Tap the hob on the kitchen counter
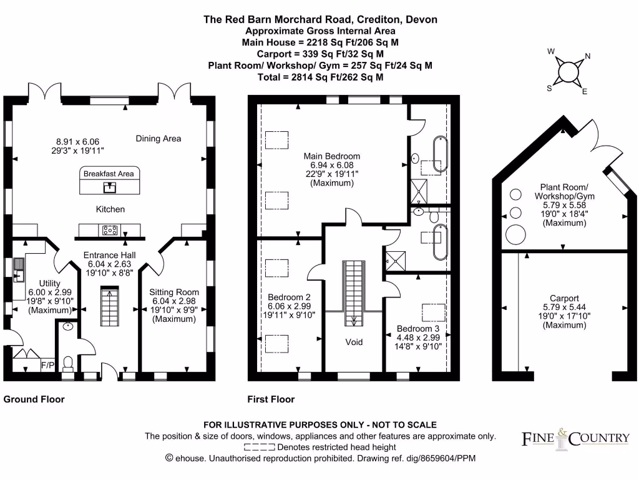[110, 230]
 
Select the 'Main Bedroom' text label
[332, 156]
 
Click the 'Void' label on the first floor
[353, 342]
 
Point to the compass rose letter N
[587, 57]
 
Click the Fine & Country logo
[575, 438]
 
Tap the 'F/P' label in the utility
[47, 364]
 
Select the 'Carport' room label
[565, 298]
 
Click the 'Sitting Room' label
[174, 292]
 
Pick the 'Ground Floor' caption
[34, 399]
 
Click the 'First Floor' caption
[271, 399]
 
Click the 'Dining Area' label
[159, 139]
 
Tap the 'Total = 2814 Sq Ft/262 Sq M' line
[320, 77]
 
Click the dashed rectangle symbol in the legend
[259, 447]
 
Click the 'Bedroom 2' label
[289, 297]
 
